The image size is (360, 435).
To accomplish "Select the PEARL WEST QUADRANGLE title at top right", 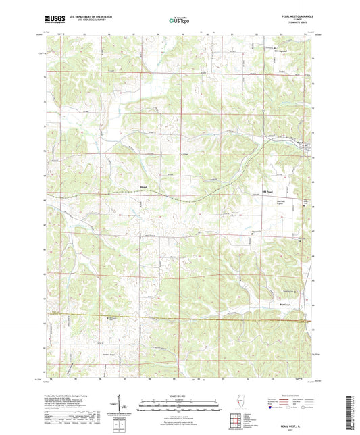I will pyautogui.click(x=295, y=16).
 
